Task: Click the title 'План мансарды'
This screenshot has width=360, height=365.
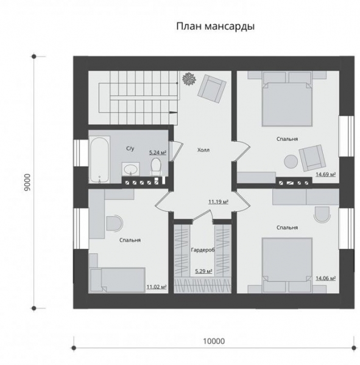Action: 214,26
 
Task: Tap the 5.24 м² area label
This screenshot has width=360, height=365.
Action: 158,153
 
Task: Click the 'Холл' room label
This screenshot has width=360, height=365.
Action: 203,149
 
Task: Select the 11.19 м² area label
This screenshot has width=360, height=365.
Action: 219,201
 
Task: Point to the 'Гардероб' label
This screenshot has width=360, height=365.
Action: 202,250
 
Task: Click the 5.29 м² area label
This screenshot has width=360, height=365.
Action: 203,271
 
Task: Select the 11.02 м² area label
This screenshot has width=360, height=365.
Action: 156,286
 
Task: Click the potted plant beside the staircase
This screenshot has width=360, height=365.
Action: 188,78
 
